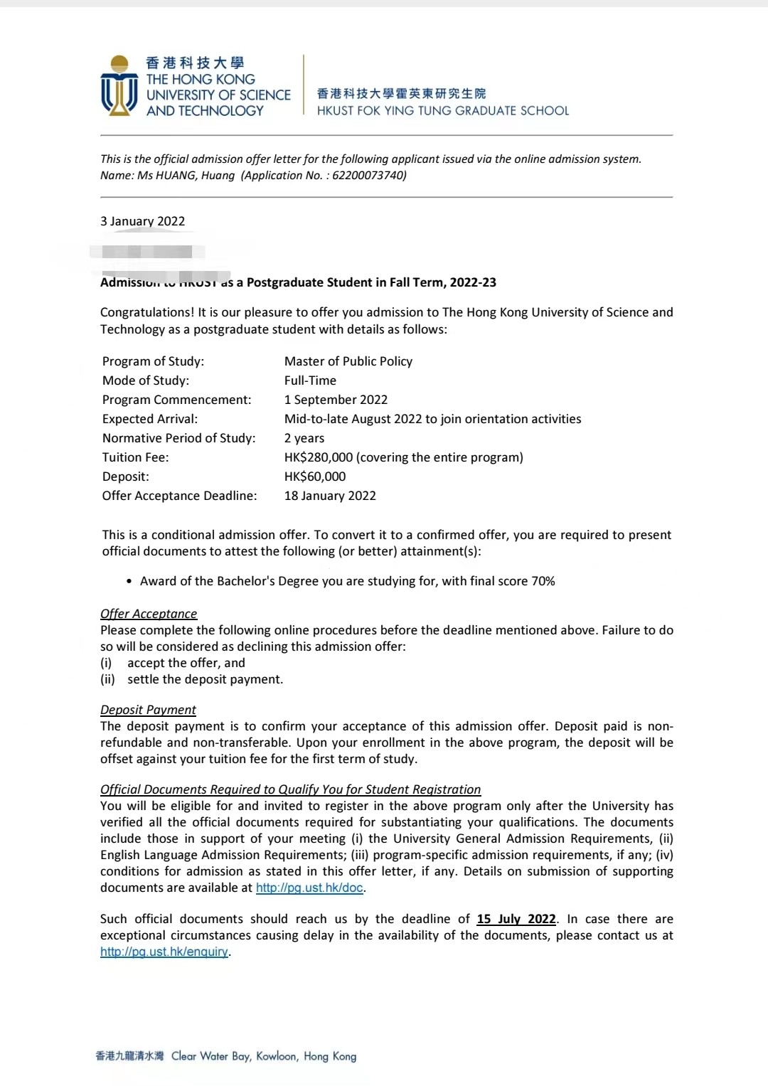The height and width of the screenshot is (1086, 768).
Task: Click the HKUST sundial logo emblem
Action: click(x=119, y=86)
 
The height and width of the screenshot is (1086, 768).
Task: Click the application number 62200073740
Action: click(x=368, y=176)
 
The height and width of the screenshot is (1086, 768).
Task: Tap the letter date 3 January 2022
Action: click(x=142, y=221)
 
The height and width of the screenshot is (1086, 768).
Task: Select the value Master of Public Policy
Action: click(x=348, y=361)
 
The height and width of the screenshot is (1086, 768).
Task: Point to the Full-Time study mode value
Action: click(x=310, y=380)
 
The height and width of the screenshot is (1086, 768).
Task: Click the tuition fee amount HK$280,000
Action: click(x=319, y=457)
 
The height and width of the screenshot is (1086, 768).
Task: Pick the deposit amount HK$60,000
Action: click(x=315, y=477)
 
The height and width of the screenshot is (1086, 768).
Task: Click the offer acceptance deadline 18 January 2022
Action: click(x=330, y=496)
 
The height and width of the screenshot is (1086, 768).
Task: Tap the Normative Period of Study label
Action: click(x=178, y=438)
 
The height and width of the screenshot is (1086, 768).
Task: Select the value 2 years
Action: click(x=304, y=438)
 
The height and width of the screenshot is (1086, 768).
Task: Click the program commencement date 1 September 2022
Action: click(x=336, y=400)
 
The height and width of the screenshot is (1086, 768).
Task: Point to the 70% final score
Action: click(x=543, y=581)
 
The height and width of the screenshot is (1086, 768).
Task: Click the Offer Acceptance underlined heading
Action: click(x=149, y=614)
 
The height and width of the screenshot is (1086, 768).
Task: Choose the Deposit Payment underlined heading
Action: click(x=148, y=710)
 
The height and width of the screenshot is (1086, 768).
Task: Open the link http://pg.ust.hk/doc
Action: click(x=309, y=888)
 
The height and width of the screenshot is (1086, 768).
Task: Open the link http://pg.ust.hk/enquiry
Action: click(x=164, y=952)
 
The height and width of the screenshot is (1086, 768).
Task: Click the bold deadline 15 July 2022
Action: click(x=516, y=919)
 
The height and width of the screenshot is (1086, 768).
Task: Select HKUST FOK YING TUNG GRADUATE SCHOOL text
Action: click(x=442, y=111)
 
